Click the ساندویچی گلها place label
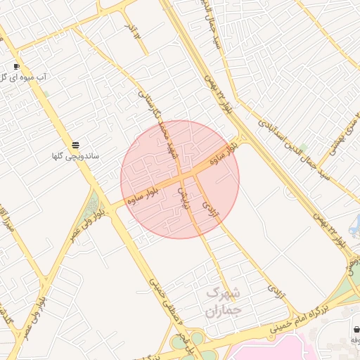[x=75, y=155]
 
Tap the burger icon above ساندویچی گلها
[x=75, y=145]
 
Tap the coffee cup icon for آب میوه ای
[x=16, y=66]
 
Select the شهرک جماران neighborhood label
[x=224, y=301]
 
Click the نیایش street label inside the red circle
[x=184, y=198]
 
